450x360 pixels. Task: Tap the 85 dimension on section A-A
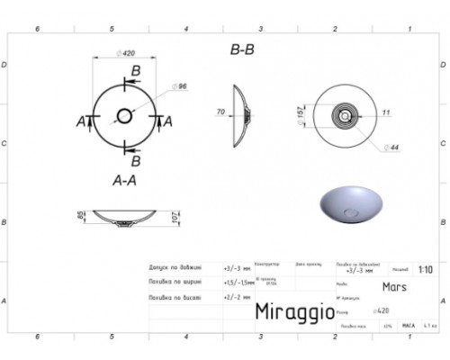pyautogui.click(x=79, y=216)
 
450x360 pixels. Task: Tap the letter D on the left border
pyautogui.click(x=5, y=65)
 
